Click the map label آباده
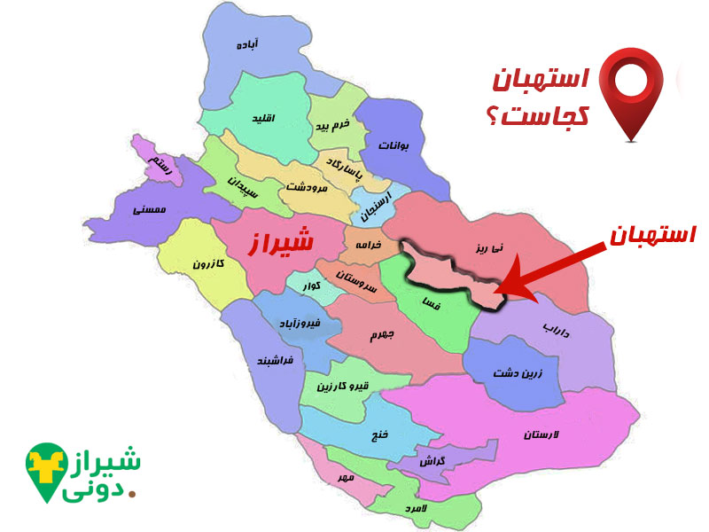coord(246,44)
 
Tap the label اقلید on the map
coord(264,118)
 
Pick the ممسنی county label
coord(144,211)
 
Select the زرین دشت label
coord(514,373)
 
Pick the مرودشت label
coord(308,188)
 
